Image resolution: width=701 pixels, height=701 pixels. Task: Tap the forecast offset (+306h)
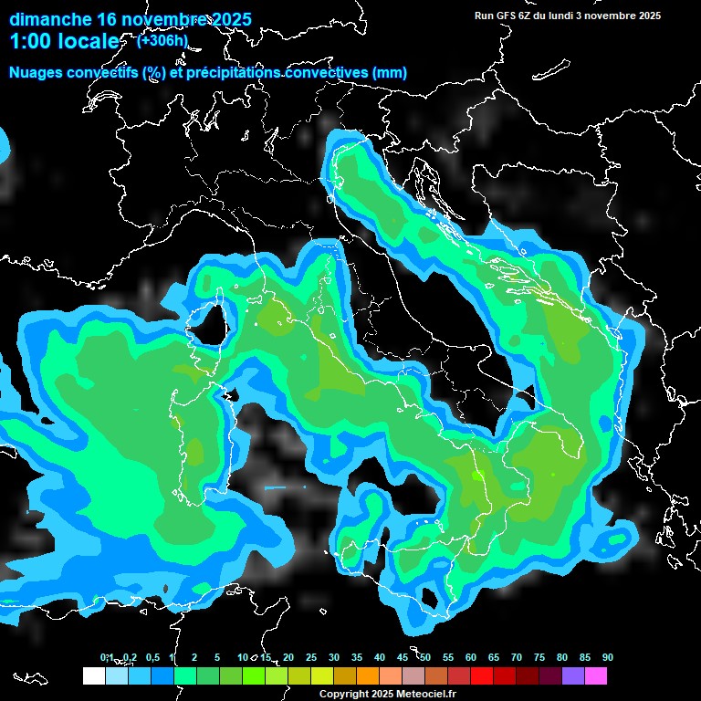[x=162, y=40]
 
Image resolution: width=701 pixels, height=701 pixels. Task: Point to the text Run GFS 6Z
[x=503, y=16]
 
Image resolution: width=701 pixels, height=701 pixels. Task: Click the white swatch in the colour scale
[x=93, y=675]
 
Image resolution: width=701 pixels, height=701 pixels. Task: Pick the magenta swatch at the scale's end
[x=596, y=675]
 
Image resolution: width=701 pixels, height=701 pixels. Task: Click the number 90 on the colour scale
[x=607, y=657]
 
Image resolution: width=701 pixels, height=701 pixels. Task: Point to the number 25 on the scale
[x=310, y=657]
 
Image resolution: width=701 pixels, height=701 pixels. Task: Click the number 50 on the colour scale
[x=424, y=657]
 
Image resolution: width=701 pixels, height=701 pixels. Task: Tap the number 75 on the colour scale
[x=539, y=657]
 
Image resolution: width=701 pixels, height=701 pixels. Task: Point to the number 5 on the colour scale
[x=216, y=657]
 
